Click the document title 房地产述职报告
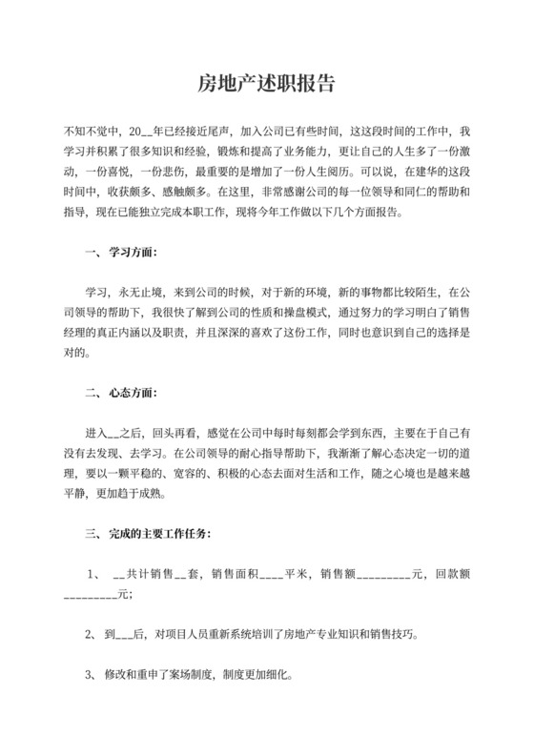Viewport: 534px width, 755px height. pyautogui.click(x=266, y=83)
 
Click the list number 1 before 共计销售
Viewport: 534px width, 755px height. pyautogui.click(x=92, y=575)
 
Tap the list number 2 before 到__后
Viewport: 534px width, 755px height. pyautogui.click(x=88, y=633)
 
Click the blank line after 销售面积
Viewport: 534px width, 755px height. pyautogui.click(x=271, y=577)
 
